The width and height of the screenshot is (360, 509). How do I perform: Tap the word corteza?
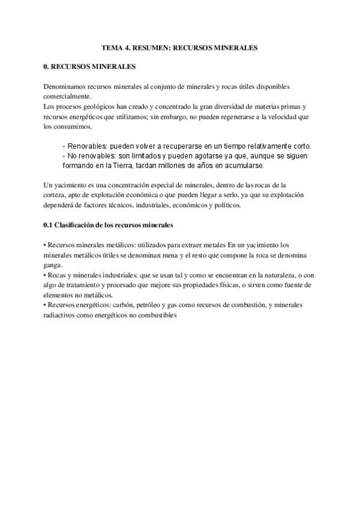coord(56,196)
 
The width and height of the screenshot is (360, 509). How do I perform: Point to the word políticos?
coord(226,205)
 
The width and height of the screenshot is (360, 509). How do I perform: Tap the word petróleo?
coord(155,305)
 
